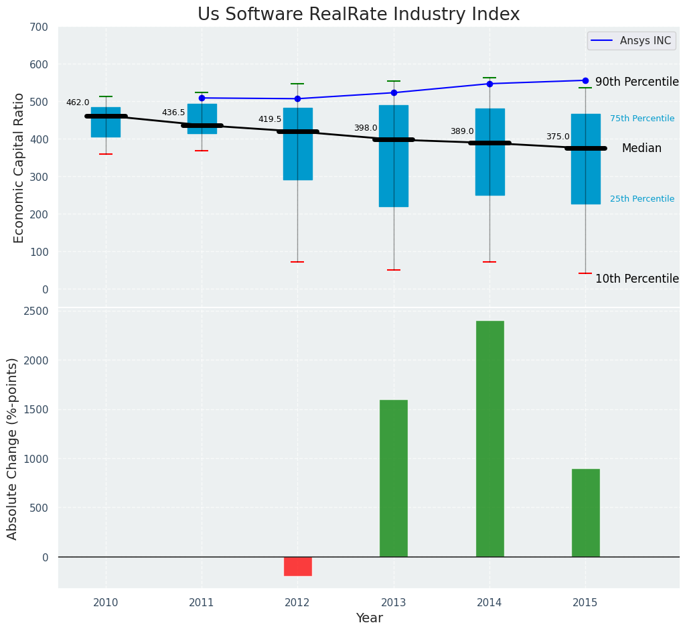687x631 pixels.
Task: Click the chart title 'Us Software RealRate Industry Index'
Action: pos(358,15)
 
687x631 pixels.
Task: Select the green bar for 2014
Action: pos(489,439)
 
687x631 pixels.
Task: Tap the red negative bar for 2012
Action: pos(297,566)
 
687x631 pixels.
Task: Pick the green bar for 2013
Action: pos(394,478)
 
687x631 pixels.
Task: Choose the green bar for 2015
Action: pos(585,512)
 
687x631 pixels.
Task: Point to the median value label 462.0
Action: pos(78,103)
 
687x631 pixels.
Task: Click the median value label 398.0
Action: pos(366,129)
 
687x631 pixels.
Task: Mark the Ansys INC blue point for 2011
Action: pos(202,98)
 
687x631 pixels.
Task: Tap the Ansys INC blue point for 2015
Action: pos(585,80)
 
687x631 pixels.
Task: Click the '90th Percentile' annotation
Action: pos(637,82)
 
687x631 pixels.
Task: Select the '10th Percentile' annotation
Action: pos(637,279)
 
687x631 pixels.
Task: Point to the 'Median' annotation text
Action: pos(641,149)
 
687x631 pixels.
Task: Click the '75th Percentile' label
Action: pos(642,119)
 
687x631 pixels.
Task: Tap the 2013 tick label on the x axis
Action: pos(394,603)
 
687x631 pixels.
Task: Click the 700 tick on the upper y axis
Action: pos(39,27)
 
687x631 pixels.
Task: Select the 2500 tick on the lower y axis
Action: pos(36,311)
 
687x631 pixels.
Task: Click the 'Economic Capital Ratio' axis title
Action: pos(19,167)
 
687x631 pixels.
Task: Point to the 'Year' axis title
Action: pos(369,618)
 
